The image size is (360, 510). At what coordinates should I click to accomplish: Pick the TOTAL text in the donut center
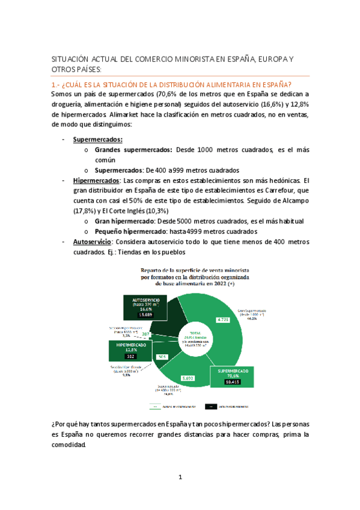pos(194,332)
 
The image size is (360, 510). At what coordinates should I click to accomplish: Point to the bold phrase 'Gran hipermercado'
pos(124,221)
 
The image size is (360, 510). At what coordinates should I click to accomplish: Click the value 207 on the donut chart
pos(146,334)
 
